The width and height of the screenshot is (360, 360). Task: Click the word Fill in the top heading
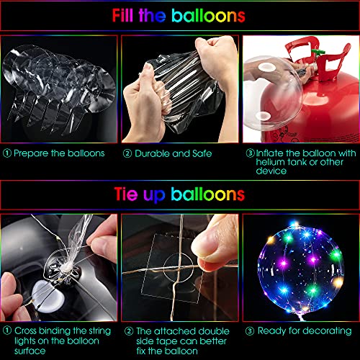(122, 16)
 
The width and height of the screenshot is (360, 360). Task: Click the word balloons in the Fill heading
(208, 16)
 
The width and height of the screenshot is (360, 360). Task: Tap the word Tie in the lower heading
(126, 194)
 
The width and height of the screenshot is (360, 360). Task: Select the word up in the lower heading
(154, 196)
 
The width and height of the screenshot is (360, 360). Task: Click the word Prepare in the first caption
(31, 153)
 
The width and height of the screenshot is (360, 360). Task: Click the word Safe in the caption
(202, 153)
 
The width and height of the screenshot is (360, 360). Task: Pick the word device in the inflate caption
(271, 171)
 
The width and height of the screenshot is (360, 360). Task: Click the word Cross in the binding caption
(25, 331)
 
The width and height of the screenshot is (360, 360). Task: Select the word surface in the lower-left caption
(30, 351)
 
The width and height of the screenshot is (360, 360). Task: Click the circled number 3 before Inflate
(250, 153)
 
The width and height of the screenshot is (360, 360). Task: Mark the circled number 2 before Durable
(127, 153)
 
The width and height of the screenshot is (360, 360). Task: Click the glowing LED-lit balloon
(300, 269)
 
